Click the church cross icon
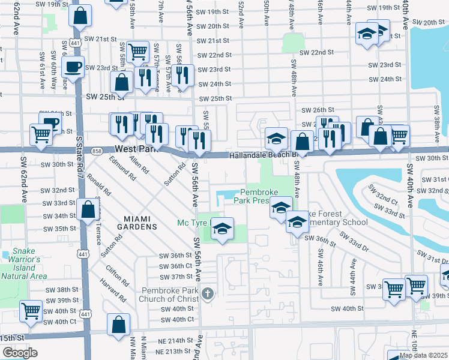pos(208,293)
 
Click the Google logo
pos(20,352)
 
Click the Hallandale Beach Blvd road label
pos(264,155)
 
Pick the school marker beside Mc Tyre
pos(222,228)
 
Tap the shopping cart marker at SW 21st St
pos(138,52)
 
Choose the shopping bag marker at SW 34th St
pos(88,209)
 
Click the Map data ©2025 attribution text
pos(423,355)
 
